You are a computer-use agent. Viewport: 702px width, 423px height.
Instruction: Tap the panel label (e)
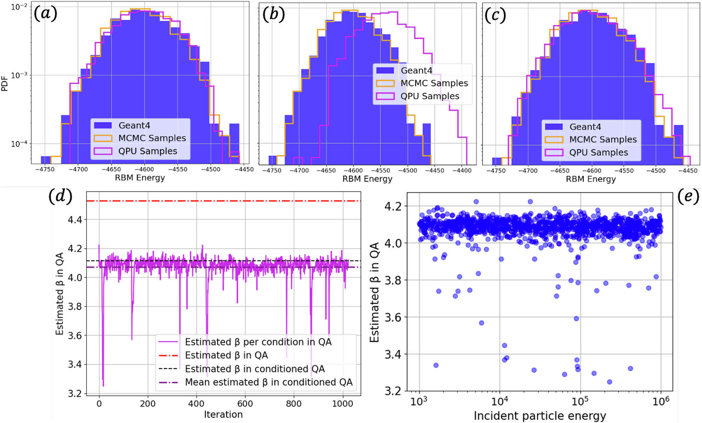(688, 196)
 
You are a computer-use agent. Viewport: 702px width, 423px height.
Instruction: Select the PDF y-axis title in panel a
(5, 84)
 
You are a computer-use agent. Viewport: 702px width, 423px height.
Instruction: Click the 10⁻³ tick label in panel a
(19, 75)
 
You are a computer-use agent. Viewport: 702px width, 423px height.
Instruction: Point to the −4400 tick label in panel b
(462, 171)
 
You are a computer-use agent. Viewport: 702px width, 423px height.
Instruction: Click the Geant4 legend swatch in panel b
(385, 70)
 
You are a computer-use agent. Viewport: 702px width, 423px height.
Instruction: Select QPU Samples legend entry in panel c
(598, 152)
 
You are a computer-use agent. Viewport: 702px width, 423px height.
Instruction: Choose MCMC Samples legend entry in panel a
(152, 138)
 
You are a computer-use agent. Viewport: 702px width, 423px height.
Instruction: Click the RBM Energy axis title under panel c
(591, 179)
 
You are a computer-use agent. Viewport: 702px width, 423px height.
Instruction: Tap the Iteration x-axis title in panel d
(223, 415)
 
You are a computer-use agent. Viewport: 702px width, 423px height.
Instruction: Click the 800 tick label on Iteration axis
(293, 404)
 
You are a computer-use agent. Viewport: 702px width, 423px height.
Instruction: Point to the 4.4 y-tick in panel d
(74, 220)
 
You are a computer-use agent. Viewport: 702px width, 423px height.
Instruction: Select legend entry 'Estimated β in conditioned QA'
(255, 369)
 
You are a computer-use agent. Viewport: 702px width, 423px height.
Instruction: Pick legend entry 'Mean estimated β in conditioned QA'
(269, 382)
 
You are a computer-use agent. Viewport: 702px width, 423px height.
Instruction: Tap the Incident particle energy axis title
(540, 416)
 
